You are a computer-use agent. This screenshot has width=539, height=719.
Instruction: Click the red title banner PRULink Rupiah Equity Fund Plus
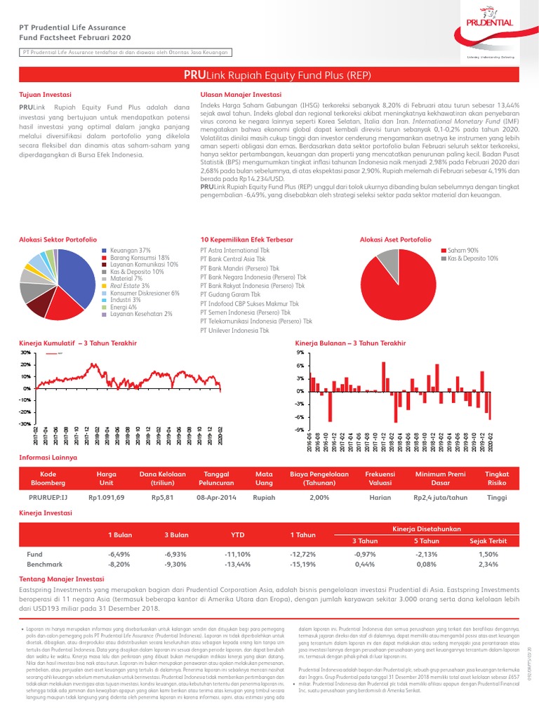269,75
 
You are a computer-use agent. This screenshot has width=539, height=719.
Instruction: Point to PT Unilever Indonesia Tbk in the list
239,330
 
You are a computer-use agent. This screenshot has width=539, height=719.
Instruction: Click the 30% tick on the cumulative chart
25,352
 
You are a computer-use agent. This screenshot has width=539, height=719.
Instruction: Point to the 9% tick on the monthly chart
300,352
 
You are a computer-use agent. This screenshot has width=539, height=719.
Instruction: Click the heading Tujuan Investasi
44,93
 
